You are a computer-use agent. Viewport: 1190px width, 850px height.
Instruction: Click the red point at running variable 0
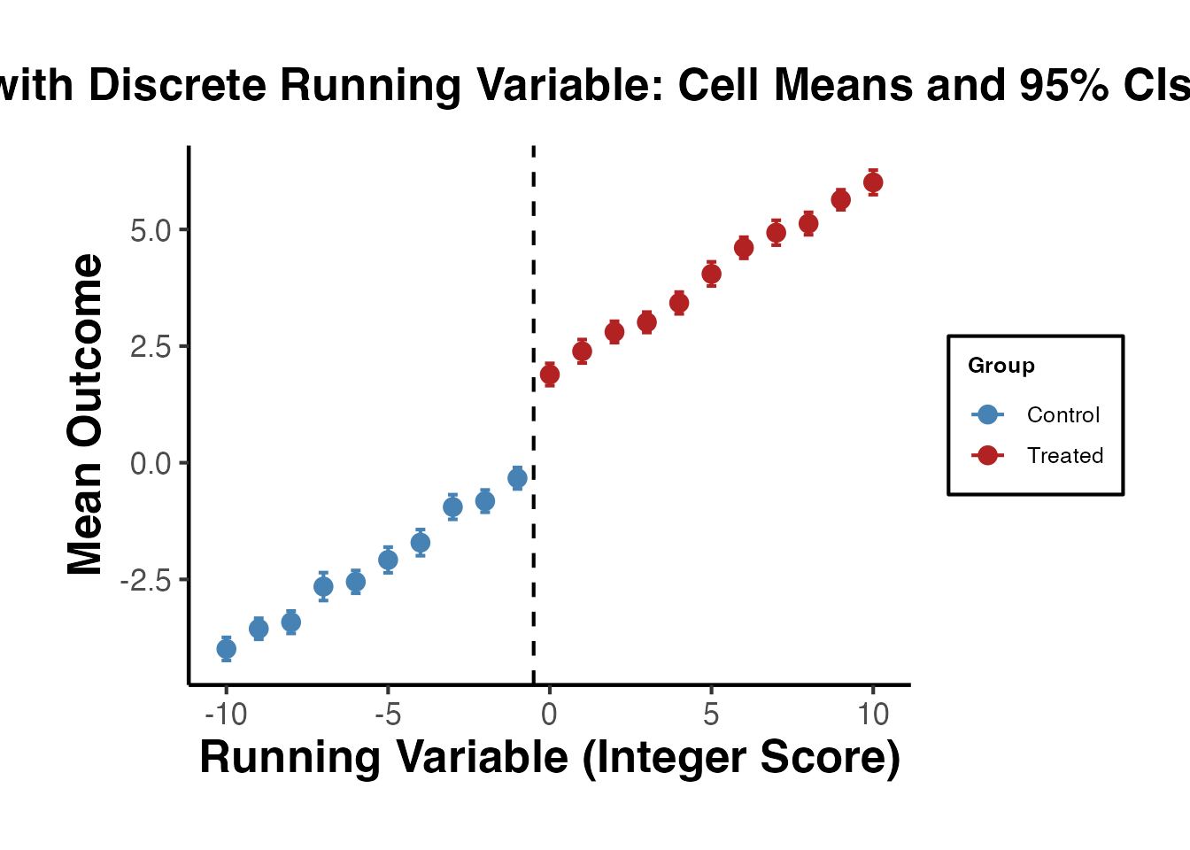point(550,375)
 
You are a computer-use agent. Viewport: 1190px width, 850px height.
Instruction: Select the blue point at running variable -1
point(517,478)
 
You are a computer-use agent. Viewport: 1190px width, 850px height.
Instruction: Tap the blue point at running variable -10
point(227,649)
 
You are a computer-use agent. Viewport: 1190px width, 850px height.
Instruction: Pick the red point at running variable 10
point(873,182)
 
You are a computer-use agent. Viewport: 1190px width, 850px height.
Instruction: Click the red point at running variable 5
point(711,274)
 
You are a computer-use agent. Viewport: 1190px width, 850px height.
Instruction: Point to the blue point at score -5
point(388,560)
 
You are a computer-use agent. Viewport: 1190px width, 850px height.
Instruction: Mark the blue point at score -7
point(323,586)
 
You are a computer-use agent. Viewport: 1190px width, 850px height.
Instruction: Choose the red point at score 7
point(776,233)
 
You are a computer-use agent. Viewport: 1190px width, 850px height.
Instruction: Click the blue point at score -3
point(452,507)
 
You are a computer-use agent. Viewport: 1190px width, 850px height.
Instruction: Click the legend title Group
point(1001,366)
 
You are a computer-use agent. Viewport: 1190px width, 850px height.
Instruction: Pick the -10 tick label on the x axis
point(226,714)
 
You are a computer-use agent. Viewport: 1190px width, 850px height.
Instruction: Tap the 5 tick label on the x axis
point(711,714)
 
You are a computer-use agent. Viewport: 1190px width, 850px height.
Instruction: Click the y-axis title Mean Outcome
point(86,414)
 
